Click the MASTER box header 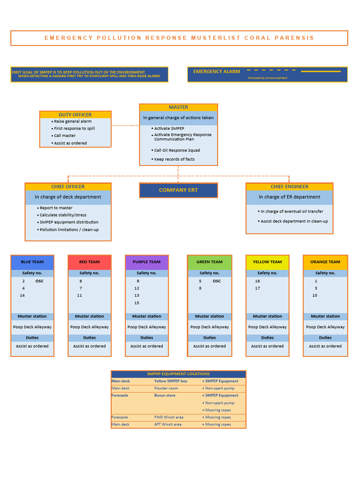178,107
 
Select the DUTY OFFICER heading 75,115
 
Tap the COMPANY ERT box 178,190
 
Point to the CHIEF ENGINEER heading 289,187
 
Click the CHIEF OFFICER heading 68,187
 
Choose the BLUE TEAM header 32,262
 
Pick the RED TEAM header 90,262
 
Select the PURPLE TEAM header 147,262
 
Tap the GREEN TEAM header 210,262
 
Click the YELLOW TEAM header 267,262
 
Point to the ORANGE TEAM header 325,262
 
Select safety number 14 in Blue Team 22,295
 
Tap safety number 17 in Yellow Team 257,288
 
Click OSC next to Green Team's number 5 217,281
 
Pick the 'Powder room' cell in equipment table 166,388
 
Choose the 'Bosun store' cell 165,396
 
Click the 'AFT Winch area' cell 168,425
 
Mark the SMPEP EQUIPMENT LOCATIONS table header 178,374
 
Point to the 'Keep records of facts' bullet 174,159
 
